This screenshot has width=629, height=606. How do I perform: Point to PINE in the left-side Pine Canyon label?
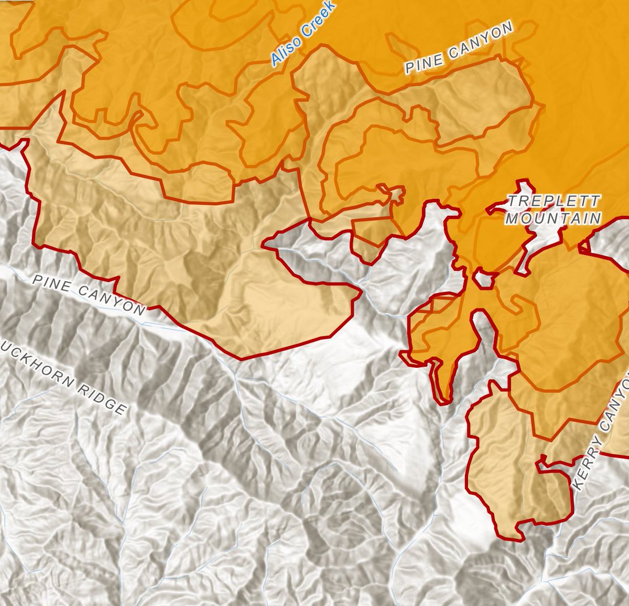[50, 282]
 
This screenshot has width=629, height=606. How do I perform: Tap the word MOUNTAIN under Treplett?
[552, 218]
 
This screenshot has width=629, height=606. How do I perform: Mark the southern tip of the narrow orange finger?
[446, 399]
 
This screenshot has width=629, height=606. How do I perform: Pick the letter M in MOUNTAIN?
[511, 218]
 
